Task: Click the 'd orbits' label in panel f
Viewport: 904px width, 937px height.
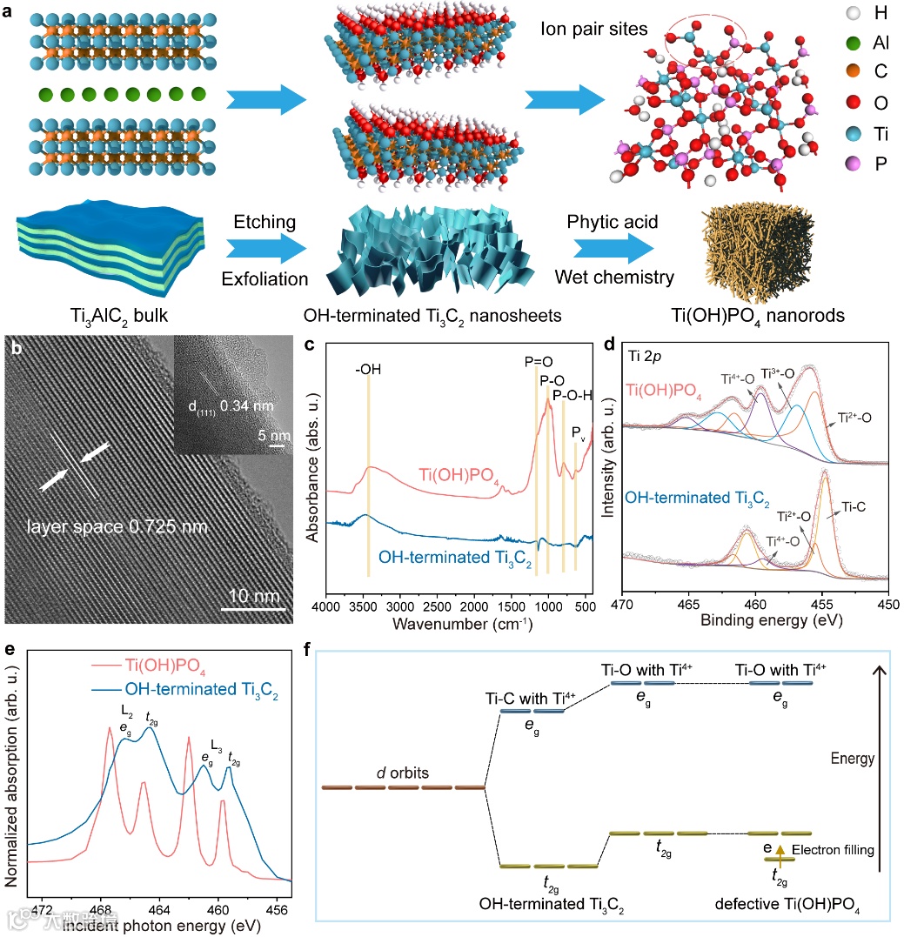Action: (x=402, y=772)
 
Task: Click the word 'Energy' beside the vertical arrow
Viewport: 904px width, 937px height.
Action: (x=852, y=759)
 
